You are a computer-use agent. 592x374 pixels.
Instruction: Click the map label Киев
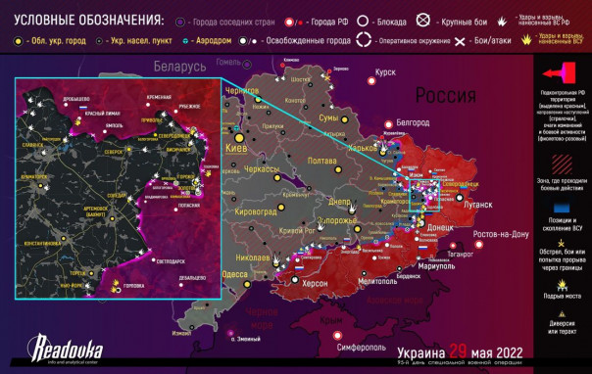click(x=237, y=148)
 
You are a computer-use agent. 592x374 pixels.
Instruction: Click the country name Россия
click(x=448, y=95)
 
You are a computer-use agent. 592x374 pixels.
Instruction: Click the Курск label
click(x=384, y=72)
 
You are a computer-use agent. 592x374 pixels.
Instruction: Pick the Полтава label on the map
click(x=321, y=161)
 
